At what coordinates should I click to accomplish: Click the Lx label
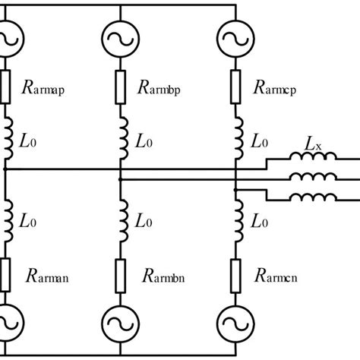tap(313, 142)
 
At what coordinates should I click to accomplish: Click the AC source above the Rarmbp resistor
tap(121, 35)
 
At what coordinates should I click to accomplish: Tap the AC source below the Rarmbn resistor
tap(121, 322)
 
